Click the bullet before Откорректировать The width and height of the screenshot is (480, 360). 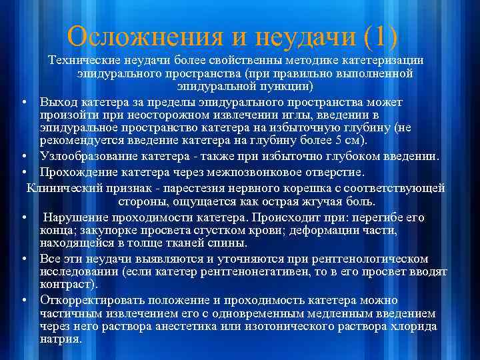coord(24,300)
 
